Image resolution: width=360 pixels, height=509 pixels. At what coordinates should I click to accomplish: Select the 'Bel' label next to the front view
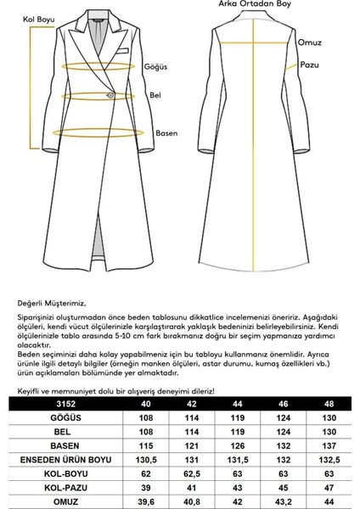(155, 97)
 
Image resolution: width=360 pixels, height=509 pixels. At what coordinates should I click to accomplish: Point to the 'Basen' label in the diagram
(166, 132)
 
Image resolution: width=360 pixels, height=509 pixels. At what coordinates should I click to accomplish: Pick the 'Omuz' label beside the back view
(310, 42)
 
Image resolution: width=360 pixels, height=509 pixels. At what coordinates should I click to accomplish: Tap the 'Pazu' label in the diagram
(308, 64)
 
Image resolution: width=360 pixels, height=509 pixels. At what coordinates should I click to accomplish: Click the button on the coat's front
(110, 95)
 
